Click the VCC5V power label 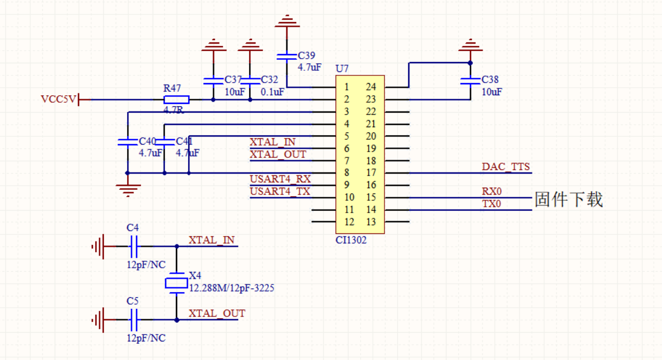[58, 99]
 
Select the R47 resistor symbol [172, 99]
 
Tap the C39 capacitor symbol [286, 56]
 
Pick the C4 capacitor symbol [134, 247]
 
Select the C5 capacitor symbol [134, 319]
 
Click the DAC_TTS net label [506, 167]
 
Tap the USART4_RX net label [280, 179]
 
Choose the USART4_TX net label [280, 191]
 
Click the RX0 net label [491, 192]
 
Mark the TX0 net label [491, 204]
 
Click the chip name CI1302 [351, 239]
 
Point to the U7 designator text [342, 69]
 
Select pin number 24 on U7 [371, 87]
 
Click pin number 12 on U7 [349, 222]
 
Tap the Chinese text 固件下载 [569, 199]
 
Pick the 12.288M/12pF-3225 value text [232, 287]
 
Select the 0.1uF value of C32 [272, 92]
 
